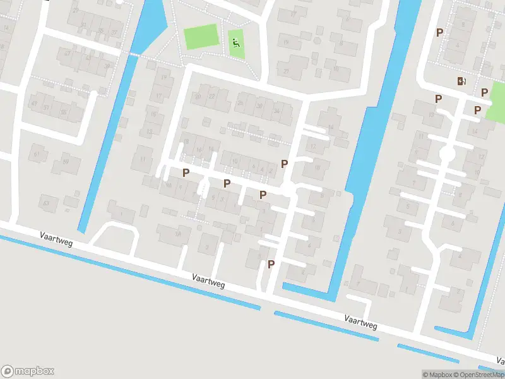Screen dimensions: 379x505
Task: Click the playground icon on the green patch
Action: (235, 43)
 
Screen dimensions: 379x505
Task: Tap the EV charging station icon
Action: (461, 81)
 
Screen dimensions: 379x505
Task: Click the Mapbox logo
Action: (28, 371)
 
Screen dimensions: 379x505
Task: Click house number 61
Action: (37, 153)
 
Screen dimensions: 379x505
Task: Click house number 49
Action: (33, 103)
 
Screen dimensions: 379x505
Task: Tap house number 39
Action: (107, 65)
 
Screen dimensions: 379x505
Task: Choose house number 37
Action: (114, 32)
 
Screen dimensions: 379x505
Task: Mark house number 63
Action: (45, 203)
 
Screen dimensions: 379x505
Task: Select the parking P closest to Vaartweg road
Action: (271, 264)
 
